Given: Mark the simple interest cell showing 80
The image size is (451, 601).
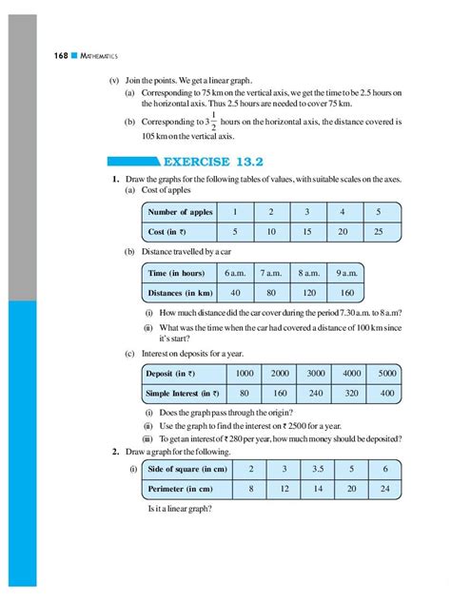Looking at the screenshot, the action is click(x=245, y=393).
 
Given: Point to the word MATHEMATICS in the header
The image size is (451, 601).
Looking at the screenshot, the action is click(x=76, y=58).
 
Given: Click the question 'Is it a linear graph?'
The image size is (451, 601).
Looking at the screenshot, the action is click(x=181, y=510).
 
